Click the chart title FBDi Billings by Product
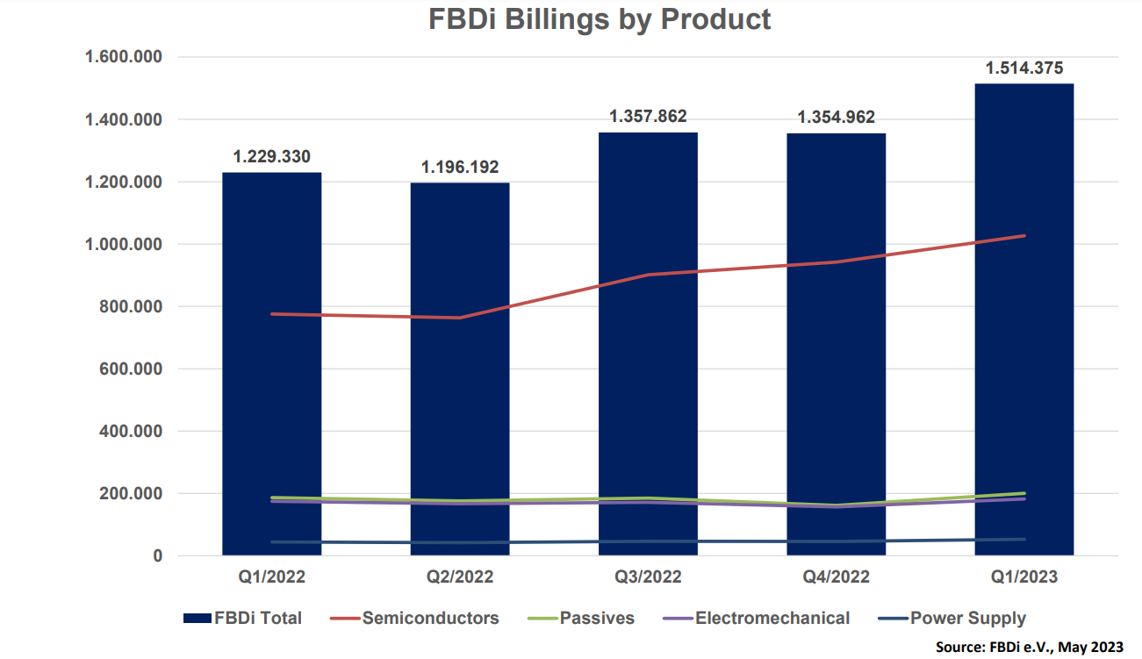click(600, 19)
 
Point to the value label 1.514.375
click(1024, 68)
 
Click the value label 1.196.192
click(460, 167)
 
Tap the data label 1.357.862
click(648, 117)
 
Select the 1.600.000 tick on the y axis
click(123, 57)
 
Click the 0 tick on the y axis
click(158, 556)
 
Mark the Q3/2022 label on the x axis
click(648, 577)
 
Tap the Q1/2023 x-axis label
click(1024, 577)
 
